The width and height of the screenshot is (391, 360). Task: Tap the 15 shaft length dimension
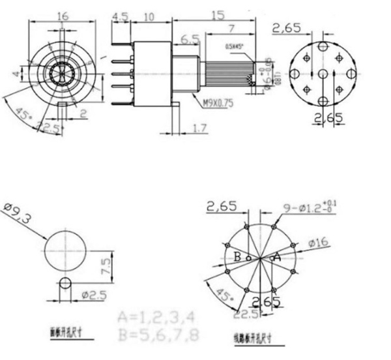click(219, 14)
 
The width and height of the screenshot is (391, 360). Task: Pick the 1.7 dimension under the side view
click(199, 130)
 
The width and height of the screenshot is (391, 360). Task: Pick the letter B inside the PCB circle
click(238, 257)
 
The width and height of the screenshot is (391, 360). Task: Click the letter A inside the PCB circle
click(276, 257)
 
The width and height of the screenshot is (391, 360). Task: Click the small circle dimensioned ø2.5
click(65, 285)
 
